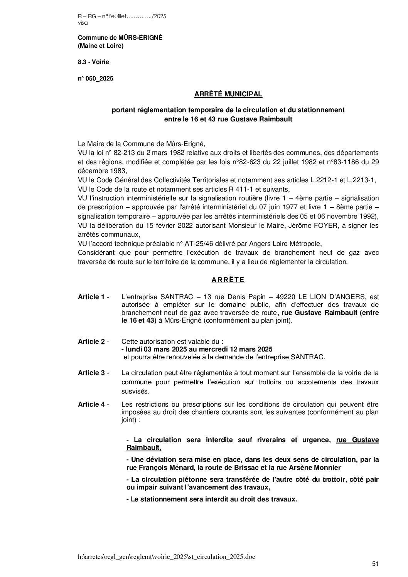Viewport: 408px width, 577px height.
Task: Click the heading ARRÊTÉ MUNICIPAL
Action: click(228, 94)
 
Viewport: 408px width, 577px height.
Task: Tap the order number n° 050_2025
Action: click(96, 79)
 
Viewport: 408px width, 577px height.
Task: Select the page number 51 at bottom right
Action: click(375, 564)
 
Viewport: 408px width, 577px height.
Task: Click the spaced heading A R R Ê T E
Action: click(228, 280)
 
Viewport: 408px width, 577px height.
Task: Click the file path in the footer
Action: click(166, 557)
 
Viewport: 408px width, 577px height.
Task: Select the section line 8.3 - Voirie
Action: click(93, 62)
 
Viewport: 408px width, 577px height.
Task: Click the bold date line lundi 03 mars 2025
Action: click(197, 349)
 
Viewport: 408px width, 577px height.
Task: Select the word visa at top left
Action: click(83, 23)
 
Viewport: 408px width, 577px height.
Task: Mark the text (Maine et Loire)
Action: click(101, 46)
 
